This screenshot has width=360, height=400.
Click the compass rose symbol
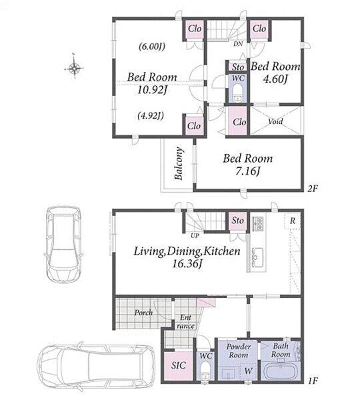74,68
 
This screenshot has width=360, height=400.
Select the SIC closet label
179,365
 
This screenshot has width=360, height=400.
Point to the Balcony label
179,163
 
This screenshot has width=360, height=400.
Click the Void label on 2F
275,121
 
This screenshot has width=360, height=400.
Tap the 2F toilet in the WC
238,93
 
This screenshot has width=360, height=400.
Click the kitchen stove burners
258,223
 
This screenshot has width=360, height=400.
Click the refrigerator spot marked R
293,221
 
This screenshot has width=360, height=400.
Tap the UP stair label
195,236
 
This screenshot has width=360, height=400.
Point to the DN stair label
238,44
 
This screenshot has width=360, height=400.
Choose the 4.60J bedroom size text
275,79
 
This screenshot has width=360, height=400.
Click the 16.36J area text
187,263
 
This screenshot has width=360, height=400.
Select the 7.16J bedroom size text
248,171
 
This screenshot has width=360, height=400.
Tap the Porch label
143,313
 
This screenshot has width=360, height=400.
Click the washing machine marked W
248,371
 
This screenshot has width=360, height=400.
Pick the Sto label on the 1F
238,221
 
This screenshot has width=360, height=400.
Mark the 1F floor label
313,381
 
